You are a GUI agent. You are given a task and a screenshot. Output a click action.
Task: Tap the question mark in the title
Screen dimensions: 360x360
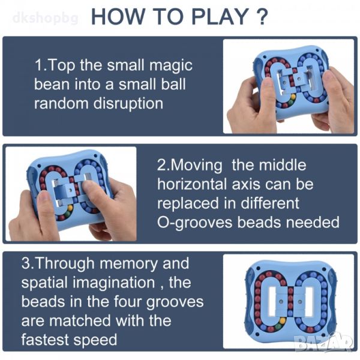[262, 17]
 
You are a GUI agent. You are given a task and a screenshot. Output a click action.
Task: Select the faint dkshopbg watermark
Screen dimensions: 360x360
[46, 18]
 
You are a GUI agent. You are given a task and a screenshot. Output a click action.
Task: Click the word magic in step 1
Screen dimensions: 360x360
[171, 66]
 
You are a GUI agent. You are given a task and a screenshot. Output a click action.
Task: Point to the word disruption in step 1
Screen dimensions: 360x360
[128, 104]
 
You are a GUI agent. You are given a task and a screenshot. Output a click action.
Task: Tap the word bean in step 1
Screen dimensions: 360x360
[52, 85]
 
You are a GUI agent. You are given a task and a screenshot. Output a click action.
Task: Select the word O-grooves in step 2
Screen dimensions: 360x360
[194, 223]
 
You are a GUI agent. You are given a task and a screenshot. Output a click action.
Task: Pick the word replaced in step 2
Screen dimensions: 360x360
[188, 204]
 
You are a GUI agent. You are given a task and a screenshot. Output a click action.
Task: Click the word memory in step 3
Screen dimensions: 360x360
[128, 264]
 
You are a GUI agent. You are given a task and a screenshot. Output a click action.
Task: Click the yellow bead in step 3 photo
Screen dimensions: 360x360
[283, 320]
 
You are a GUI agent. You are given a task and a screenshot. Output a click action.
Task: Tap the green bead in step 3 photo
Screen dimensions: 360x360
[278, 326]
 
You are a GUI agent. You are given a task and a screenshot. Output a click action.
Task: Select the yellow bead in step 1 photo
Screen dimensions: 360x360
[293, 97]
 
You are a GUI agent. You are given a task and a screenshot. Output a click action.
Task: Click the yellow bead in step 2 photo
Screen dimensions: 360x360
[70, 208]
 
